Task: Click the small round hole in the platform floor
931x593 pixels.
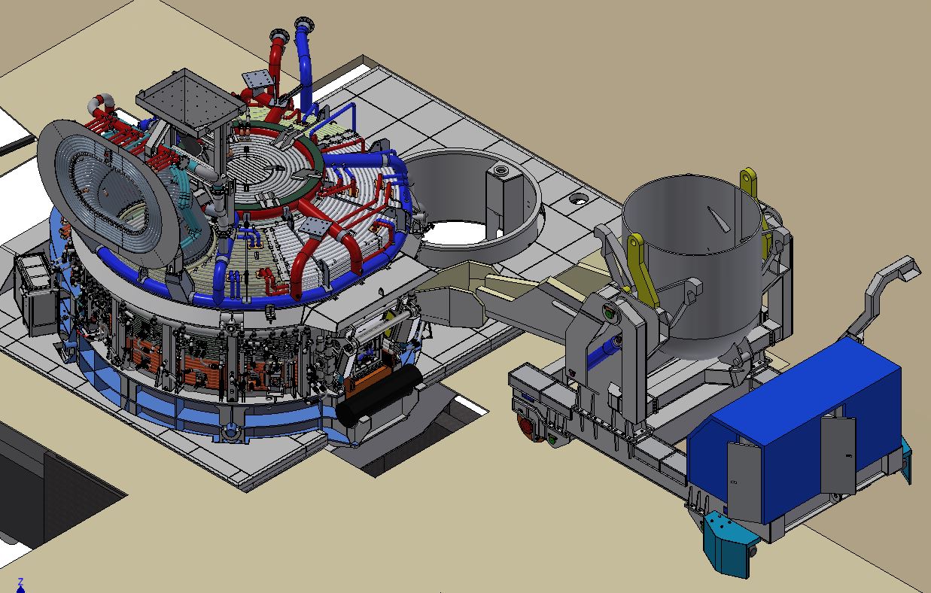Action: coord(578,199)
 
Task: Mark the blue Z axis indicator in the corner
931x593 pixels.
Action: coord(20,584)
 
